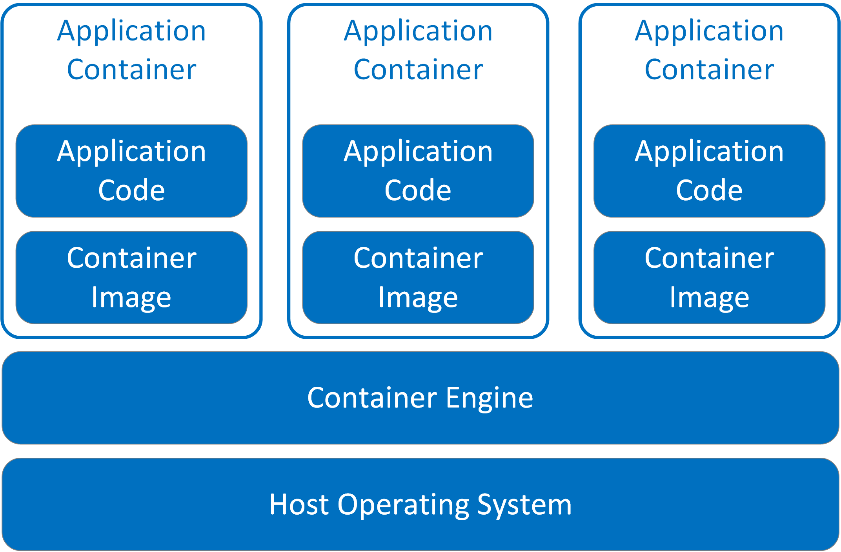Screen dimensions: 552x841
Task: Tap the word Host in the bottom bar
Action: [299, 504]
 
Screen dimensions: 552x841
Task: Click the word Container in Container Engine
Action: [372, 398]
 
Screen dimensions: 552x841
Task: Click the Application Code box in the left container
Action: [131, 171]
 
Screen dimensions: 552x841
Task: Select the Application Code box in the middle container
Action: [418, 171]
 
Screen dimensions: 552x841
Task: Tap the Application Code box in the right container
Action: [709, 171]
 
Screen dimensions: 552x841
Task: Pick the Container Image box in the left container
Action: [131, 278]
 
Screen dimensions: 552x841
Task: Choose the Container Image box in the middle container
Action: [418, 278]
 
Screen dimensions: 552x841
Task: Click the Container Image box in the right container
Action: [709, 278]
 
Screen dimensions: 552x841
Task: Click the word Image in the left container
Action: [131, 298]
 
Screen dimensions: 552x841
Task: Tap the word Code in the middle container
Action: [418, 190]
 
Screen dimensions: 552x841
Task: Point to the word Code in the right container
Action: [709, 190]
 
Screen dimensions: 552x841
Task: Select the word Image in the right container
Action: [709, 298]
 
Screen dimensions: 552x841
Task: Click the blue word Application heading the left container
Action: [131, 31]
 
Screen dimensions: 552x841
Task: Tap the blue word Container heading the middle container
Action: [418, 70]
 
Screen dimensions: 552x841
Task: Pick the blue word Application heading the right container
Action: [709, 31]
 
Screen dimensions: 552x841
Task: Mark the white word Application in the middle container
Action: [418, 152]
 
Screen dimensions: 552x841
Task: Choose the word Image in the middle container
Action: [418, 298]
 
